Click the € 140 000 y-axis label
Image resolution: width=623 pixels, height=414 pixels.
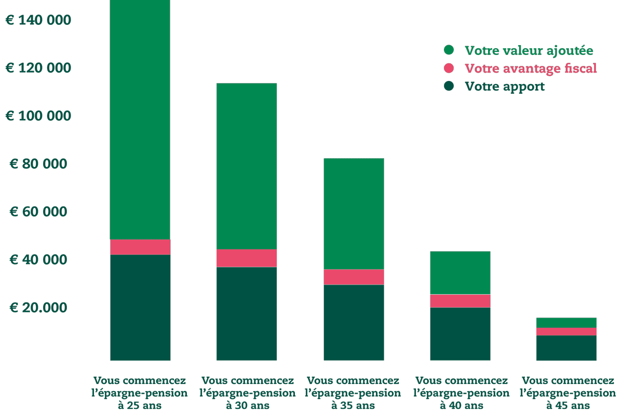(x=38, y=20)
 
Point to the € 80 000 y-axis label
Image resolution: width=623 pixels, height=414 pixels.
(x=38, y=164)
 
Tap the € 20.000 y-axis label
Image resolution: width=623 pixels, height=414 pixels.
(x=38, y=308)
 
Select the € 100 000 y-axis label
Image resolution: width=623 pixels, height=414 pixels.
(x=38, y=116)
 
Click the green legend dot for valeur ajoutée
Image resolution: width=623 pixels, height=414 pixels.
(x=449, y=50)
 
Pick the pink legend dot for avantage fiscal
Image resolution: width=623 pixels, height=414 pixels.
(x=449, y=68)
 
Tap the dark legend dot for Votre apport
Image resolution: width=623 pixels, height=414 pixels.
(x=449, y=86)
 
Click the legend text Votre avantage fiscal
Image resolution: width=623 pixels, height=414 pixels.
(x=531, y=68)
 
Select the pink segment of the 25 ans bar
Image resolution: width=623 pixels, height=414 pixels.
(x=140, y=247)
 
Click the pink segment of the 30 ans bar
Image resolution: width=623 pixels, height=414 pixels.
(x=247, y=258)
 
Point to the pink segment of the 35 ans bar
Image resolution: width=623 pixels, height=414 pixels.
(x=354, y=277)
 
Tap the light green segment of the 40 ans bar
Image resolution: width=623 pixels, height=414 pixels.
(x=460, y=272)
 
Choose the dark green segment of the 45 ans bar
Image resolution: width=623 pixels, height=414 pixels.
(x=566, y=348)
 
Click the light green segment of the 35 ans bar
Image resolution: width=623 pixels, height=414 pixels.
(x=354, y=214)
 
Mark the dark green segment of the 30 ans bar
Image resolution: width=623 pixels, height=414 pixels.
(x=247, y=313)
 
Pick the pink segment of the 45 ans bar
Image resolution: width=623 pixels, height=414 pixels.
(x=566, y=332)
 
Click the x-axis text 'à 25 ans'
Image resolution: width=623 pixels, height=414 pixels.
(x=140, y=405)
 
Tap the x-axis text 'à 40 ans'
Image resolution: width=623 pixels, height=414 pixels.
(x=461, y=405)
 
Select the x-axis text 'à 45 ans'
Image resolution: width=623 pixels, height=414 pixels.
(x=567, y=405)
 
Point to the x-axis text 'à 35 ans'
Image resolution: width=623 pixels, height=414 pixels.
(x=354, y=405)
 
